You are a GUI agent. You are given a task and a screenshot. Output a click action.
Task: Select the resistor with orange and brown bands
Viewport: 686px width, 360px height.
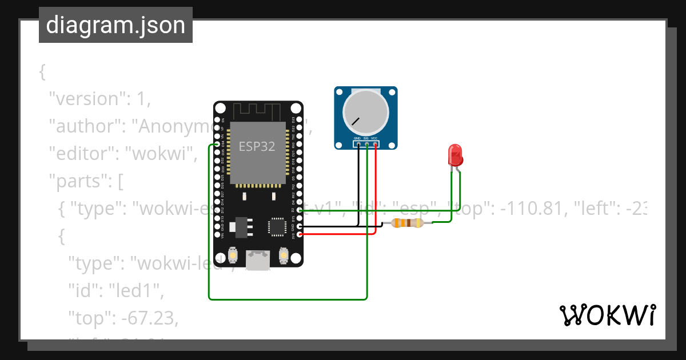coord(407,223)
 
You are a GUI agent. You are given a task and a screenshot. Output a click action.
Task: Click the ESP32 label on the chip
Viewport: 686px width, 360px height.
coord(257,146)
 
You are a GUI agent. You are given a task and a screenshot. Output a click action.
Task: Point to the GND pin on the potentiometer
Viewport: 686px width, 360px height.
coord(358,145)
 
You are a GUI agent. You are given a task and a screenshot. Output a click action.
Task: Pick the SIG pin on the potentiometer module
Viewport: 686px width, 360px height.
coord(366,145)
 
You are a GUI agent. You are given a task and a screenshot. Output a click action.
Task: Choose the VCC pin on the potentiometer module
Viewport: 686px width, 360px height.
coord(375,145)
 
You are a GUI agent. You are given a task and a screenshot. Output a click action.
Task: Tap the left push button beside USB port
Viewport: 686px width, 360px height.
coord(233,255)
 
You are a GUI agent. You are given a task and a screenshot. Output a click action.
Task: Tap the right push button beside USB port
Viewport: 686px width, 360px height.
coord(283,255)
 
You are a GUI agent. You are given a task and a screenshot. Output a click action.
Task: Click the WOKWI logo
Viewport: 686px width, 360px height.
coord(607,315)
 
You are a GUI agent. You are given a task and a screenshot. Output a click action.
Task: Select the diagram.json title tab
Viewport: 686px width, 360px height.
coord(115,25)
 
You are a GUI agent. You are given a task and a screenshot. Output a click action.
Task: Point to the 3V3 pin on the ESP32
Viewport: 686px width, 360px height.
coord(299,234)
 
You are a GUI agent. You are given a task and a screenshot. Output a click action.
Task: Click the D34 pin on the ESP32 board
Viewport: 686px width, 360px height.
coord(218,145)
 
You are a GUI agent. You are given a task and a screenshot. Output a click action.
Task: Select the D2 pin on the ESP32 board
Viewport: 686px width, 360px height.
coord(299,210)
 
